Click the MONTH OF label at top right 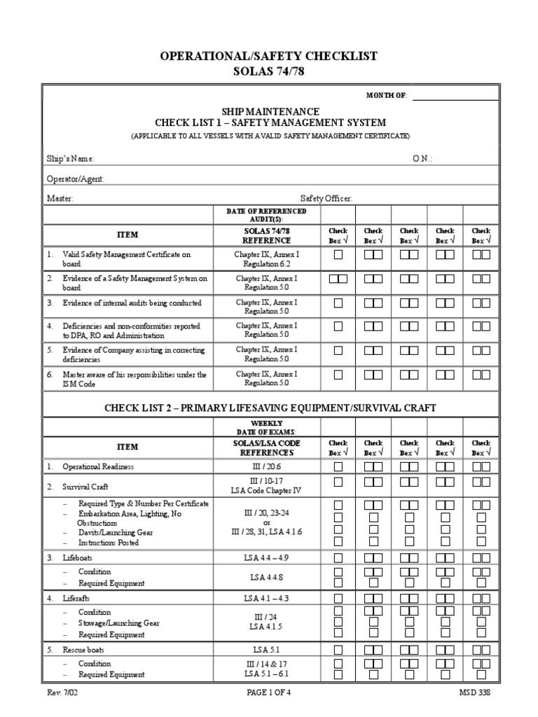386,95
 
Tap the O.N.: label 422,159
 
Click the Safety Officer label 326,198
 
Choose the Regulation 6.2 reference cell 266,264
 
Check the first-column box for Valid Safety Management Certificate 338,256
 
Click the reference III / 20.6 266,466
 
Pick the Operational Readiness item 97,466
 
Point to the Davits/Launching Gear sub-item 115,532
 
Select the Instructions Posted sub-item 109,543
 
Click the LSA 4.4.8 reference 266,578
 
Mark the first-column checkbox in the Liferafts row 338,598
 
